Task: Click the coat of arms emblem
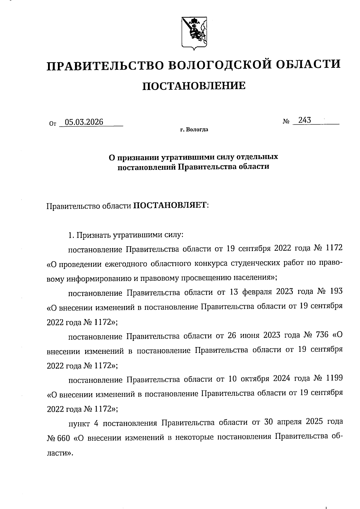tap(194, 33)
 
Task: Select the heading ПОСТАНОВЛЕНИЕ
tap(193, 86)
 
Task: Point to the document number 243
tap(305, 120)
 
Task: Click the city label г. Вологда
tap(194, 130)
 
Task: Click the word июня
tap(250, 335)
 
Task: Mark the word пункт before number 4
tap(79, 423)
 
